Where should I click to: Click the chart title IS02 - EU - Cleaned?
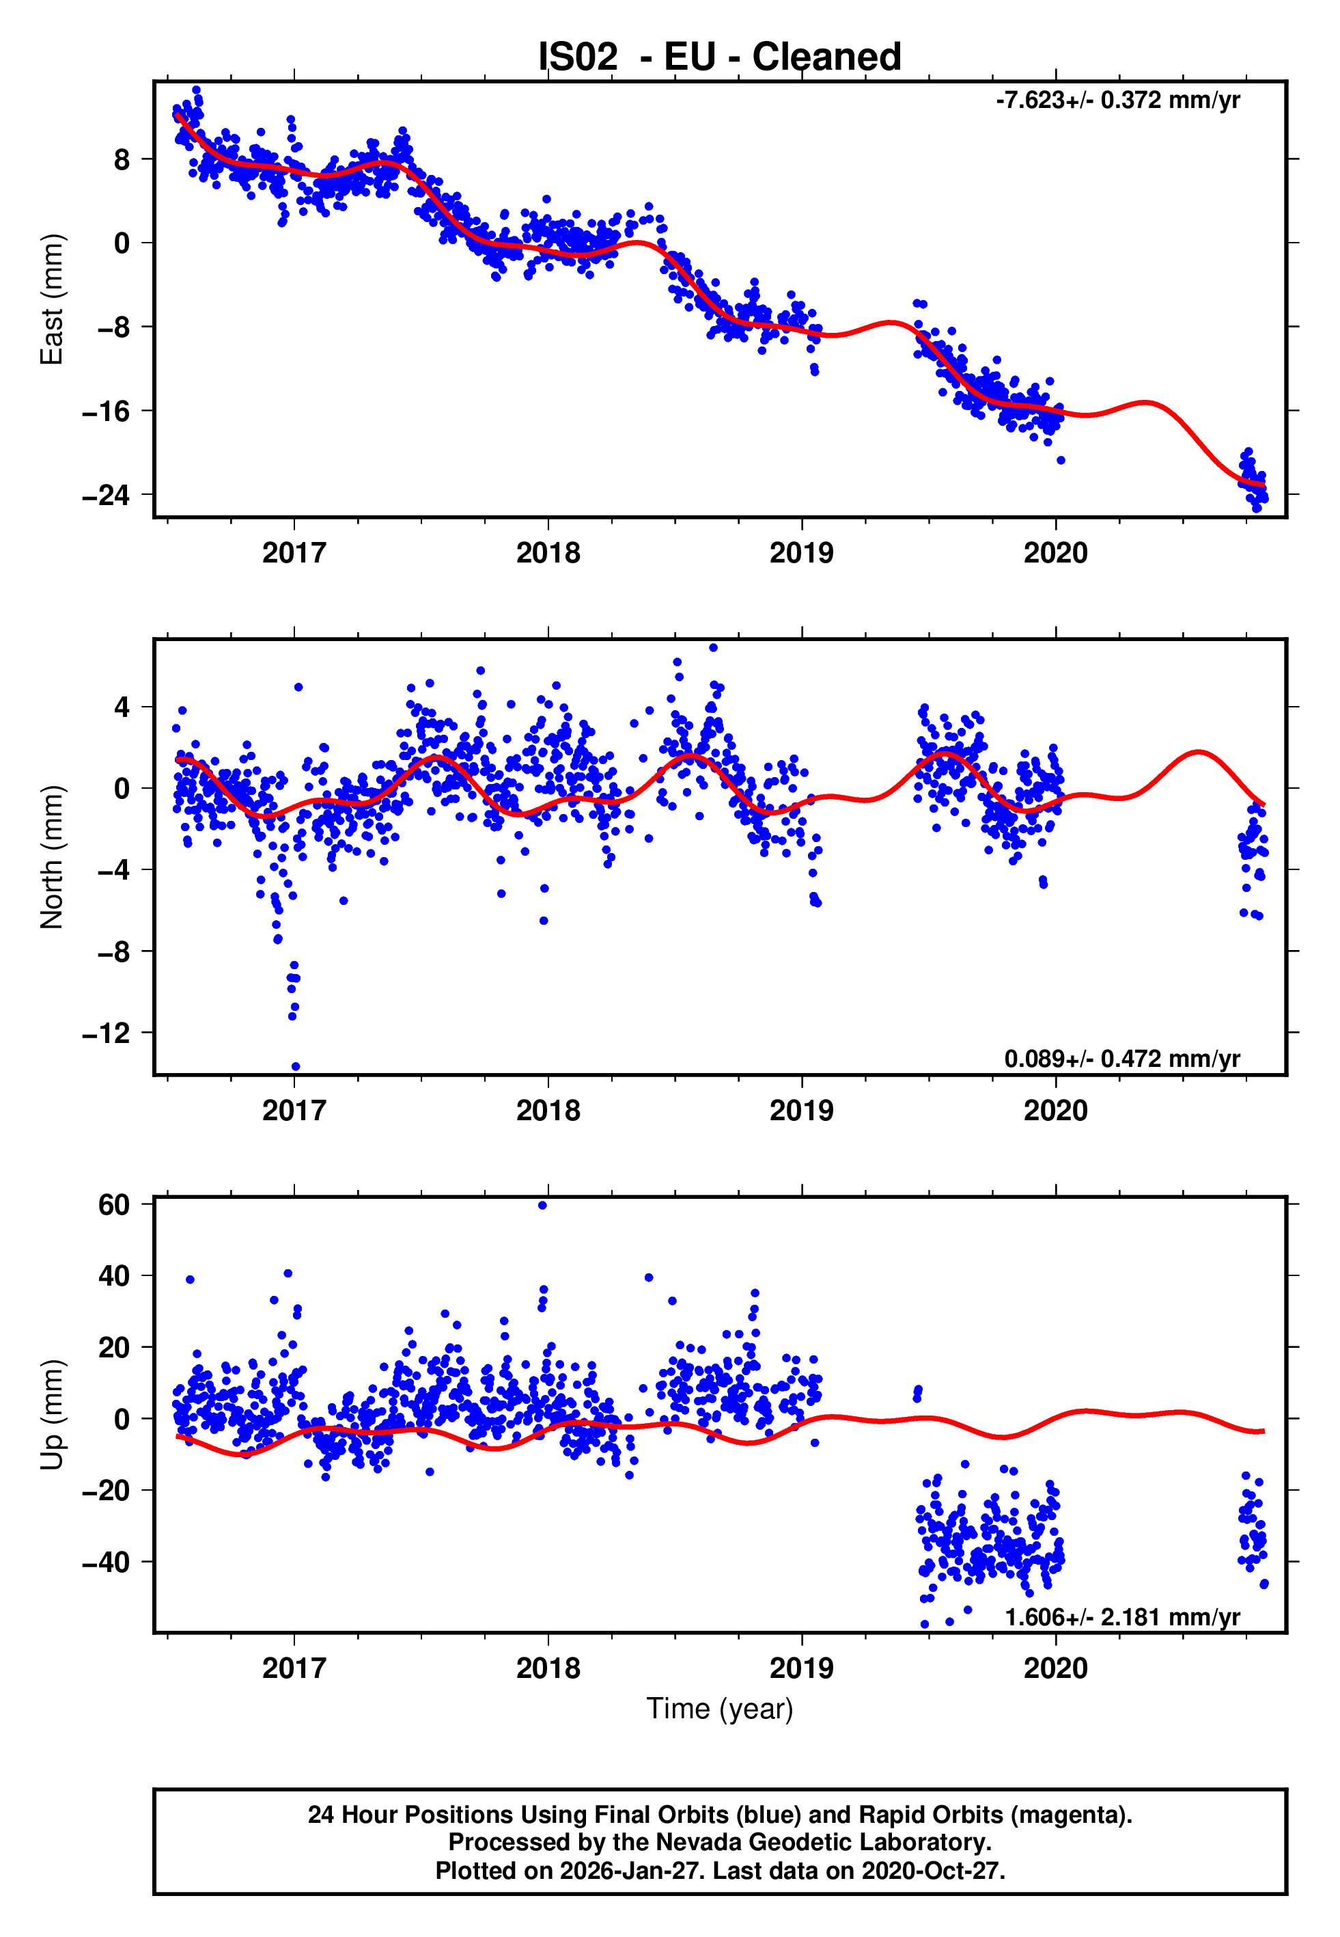[720, 57]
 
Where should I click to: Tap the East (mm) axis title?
[52, 299]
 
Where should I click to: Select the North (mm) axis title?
[52, 857]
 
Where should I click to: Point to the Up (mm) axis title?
[52, 1415]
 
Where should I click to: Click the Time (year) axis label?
[720, 1709]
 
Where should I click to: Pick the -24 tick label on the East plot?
[106, 495]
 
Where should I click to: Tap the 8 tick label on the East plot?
[122, 160]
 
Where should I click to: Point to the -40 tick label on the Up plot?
[106, 1562]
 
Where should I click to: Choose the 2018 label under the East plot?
[548, 553]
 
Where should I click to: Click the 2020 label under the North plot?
[1055, 1111]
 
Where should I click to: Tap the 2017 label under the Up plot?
[294, 1668]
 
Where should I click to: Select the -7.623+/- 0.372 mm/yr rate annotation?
[1117, 100]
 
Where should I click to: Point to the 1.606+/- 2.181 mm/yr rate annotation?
[1121, 1617]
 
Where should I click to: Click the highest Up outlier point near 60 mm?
[542, 1206]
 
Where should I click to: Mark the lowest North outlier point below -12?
[296, 1067]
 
